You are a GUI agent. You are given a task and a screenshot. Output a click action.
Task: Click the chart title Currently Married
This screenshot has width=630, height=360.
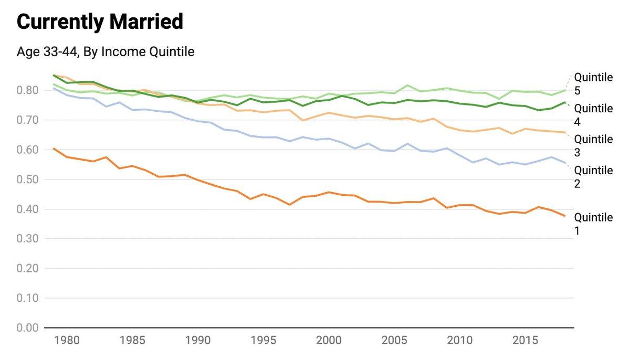[x=100, y=22]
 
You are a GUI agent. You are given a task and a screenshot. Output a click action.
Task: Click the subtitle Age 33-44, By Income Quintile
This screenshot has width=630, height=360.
[x=106, y=52]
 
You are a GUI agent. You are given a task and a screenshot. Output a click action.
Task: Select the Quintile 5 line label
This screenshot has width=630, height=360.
[x=593, y=84]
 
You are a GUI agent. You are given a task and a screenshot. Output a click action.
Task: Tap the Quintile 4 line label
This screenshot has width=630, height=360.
[x=593, y=115]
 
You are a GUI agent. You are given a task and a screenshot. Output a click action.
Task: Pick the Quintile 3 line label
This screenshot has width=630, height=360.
[x=593, y=146]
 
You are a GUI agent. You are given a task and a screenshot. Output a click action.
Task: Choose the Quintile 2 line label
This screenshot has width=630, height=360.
[x=593, y=177]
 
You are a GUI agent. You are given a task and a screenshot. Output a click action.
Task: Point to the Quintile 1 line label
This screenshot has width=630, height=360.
[x=593, y=224]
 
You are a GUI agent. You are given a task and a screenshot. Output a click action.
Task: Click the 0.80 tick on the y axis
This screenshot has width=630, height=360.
[x=28, y=90]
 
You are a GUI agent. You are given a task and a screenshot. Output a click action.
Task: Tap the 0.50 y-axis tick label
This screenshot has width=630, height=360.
[x=28, y=179]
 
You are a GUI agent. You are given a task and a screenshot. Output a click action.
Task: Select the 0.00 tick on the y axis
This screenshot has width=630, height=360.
[x=28, y=328]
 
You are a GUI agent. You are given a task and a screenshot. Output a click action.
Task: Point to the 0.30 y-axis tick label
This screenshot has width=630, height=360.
[x=28, y=239]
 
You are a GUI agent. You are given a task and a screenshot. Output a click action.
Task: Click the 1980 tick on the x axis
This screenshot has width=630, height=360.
[x=67, y=341]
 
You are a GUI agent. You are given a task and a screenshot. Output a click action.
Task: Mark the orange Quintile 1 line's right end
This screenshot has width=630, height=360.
[x=565, y=216]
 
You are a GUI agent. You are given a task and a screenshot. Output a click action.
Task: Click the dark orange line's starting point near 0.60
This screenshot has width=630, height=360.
[x=54, y=149]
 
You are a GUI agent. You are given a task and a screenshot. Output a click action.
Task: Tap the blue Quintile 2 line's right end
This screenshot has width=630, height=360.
[x=565, y=163]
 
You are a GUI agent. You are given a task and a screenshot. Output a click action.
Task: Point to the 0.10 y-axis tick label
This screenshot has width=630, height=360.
[x=28, y=298]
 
